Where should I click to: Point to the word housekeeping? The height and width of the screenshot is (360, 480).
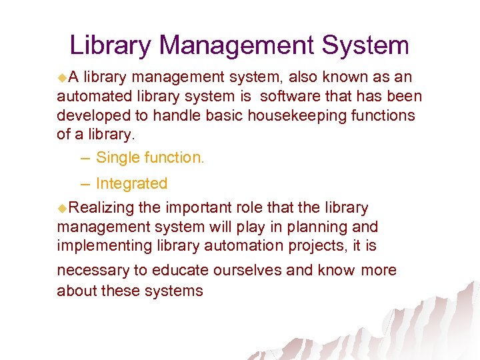tap(295, 115)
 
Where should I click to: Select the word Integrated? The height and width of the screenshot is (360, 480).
tap(131, 183)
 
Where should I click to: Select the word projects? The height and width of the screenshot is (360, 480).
tap(315, 245)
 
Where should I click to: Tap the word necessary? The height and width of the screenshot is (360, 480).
tap(93, 271)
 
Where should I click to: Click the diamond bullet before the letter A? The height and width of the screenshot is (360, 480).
tap(62, 77)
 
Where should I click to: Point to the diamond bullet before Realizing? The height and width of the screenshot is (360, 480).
tap(62, 209)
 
